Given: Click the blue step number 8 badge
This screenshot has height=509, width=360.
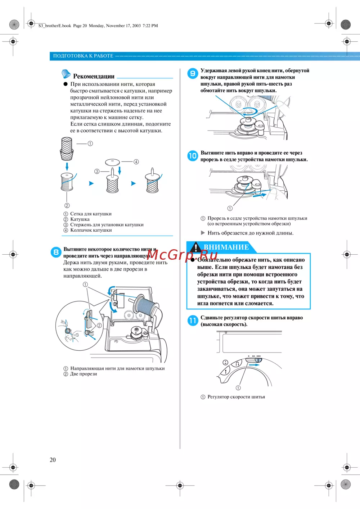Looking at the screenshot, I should pyautogui.click(x=56, y=252).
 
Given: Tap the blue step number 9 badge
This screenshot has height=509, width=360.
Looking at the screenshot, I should pyautogui.click(x=193, y=73).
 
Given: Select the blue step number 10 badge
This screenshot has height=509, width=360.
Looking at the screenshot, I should pyautogui.click(x=193, y=156).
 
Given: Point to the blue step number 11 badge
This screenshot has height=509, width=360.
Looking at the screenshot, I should pyautogui.click(x=193, y=320).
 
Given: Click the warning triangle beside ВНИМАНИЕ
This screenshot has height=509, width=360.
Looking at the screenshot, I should pyautogui.click(x=195, y=247).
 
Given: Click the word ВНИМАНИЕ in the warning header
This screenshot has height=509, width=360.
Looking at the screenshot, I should pyautogui.click(x=226, y=247).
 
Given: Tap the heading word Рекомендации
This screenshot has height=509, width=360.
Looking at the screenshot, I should pyautogui.click(x=94, y=76).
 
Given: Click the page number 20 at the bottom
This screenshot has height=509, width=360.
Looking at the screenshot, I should pyautogui.click(x=53, y=460).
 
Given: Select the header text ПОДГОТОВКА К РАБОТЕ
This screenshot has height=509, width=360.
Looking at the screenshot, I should pyautogui.click(x=83, y=56).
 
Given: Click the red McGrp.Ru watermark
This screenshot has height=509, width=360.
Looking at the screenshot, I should pyautogui.click(x=182, y=255).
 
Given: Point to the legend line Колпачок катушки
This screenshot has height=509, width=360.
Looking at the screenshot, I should pyautogui.click(x=91, y=230).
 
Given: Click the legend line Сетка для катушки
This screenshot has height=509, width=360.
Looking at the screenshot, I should pyautogui.click(x=91, y=214).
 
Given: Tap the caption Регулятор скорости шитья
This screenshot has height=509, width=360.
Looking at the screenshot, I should pyautogui.click(x=236, y=397).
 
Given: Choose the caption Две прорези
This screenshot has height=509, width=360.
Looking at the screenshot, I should pyautogui.click(x=84, y=374).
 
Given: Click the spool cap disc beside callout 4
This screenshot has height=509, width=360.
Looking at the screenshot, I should pyautogui.click(x=112, y=162).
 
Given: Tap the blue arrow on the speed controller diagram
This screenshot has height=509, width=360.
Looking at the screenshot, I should pyautogui.click(x=254, y=365).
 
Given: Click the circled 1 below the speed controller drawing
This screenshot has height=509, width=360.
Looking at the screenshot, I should pyautogui.click(x=238, y=388).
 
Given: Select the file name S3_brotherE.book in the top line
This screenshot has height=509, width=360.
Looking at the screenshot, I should pyautogui.click(x=55, y=26).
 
